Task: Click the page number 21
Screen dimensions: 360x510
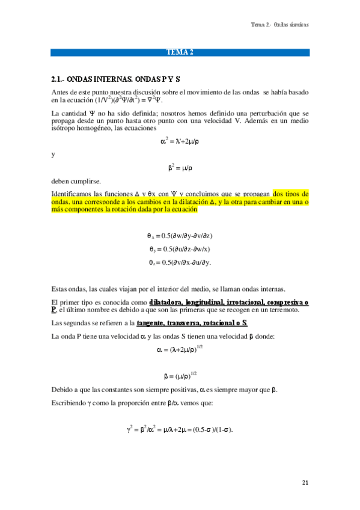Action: click(305, 482)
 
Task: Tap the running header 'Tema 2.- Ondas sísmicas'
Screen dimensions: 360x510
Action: click(280, 25)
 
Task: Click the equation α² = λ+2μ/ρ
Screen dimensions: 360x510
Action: click(179, 142)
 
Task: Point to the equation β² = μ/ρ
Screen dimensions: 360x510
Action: click(180, 168)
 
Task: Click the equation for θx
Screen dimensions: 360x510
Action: click(180, 235)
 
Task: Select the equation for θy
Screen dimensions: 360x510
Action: click(180, 249)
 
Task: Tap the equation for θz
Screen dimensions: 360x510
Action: click(180, 262)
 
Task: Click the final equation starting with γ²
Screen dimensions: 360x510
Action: click(180, 429)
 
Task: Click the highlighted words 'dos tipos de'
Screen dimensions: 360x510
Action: click(290, 194)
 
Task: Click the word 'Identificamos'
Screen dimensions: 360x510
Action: click(73, 194)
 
